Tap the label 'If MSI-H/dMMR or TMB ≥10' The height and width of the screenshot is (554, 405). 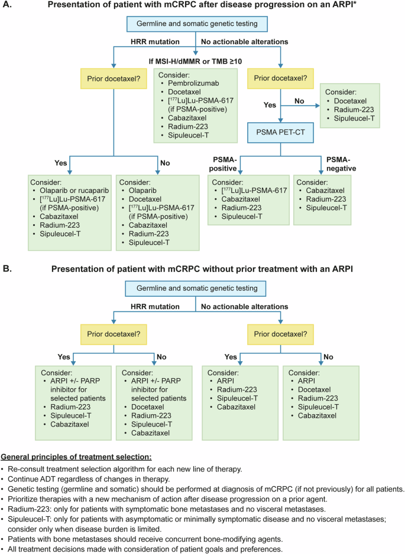(x=195, y=62)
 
